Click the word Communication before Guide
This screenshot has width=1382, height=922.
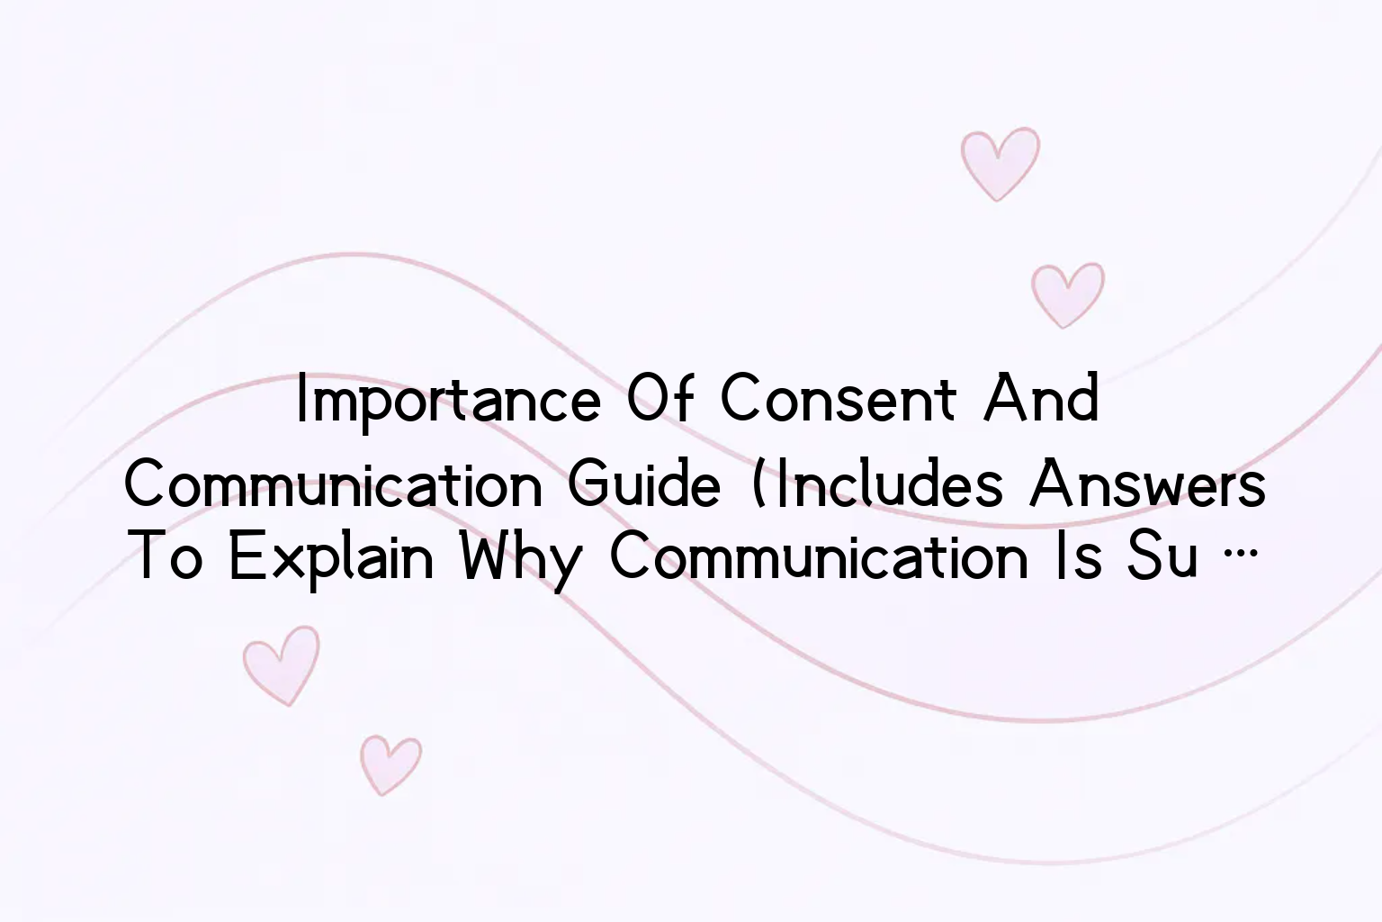[x=333, y=484]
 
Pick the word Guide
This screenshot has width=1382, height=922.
[x=644, y=484]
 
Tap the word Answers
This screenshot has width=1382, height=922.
[x=1147, y=484]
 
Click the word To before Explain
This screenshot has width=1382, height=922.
[x=168, y=556]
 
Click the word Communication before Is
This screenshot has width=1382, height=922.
[x=819, y=556]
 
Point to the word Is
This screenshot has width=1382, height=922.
[x=1078, y=556]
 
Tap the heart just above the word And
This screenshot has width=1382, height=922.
[x=1068, y=294]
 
